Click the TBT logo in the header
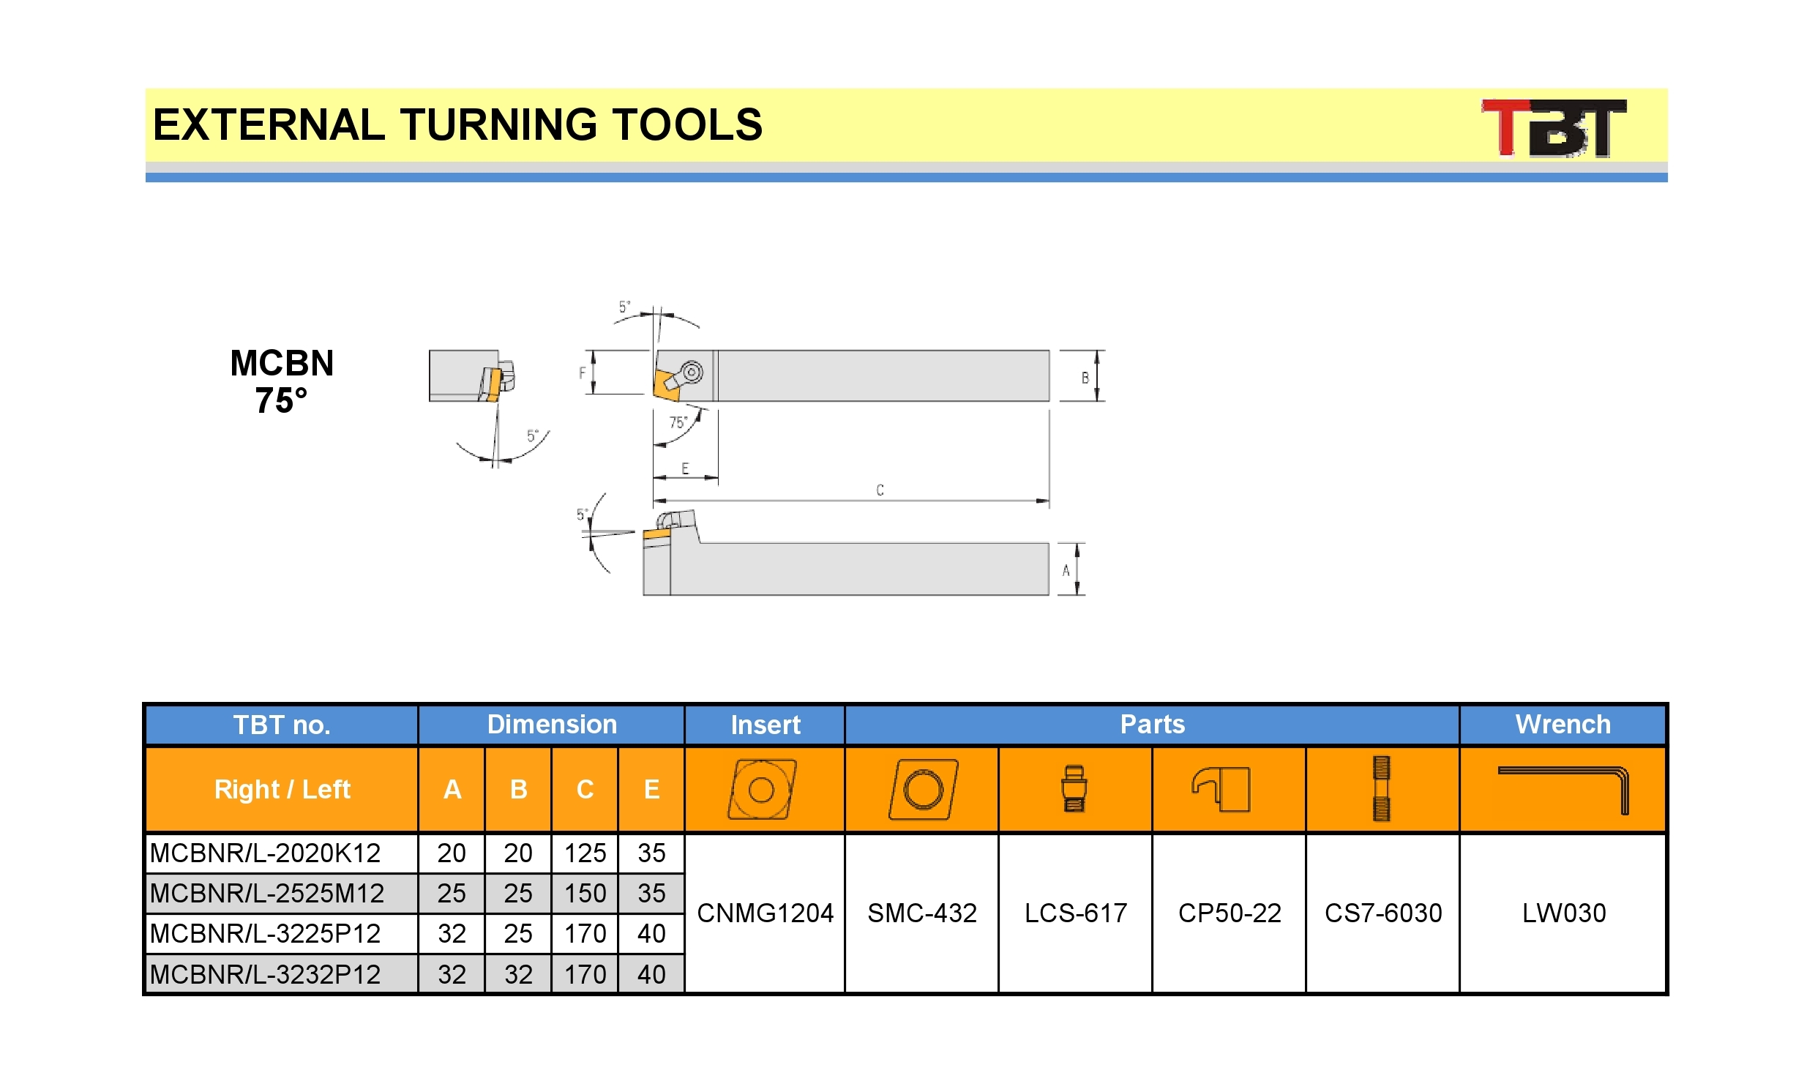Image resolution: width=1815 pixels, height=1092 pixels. (x=1553, y=128)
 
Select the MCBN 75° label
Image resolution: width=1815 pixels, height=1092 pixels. (x=282, y=382)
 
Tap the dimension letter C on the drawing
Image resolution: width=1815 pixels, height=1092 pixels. (x=880, y=490)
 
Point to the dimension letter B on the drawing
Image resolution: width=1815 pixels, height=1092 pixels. (x=1085, y=378)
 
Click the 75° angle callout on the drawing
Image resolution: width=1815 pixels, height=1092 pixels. (x=678, y=422)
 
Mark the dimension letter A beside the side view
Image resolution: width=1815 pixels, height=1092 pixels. (x=1066, y=570)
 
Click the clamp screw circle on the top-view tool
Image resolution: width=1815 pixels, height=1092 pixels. (x=692, y=372)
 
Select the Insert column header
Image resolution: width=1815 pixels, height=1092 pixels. (x=765, y=725)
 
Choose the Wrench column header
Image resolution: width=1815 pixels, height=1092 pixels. (x=1563, y=724)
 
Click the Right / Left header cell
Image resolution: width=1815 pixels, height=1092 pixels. (x=282, y=789)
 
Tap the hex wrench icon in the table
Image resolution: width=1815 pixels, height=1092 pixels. (x=1563, y=790)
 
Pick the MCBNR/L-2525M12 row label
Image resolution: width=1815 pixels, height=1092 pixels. (x=266, y=893)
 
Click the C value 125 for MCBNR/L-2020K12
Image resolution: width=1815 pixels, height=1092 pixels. (x=585, y=853)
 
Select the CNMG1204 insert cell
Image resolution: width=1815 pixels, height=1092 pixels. (x=765, y=913)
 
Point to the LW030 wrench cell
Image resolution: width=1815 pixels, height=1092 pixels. (x=1563, y=913)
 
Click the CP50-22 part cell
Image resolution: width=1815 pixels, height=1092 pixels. (x=1230, y=913)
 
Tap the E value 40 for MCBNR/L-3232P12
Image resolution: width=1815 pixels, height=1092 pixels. (x=651, y=973)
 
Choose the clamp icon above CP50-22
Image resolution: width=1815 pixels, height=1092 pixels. (x=1221, y=790)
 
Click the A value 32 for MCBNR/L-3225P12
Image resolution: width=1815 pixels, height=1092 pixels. (x=452, y=933)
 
